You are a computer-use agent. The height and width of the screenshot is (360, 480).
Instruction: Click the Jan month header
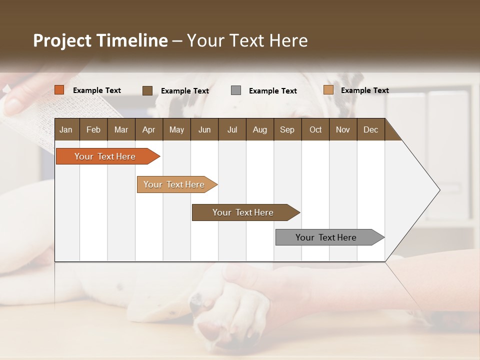pos(66,129)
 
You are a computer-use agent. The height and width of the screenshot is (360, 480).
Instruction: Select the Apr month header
pos(148,129)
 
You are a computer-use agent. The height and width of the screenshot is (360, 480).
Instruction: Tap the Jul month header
pos(232,129)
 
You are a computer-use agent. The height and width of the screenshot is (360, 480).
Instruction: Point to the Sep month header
pos(287,129)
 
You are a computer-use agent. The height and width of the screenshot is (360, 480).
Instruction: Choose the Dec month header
pos(370,129)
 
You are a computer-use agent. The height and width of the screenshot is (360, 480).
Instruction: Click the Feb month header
pos(93,129)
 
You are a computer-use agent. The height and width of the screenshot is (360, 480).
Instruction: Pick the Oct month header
pos(315,129)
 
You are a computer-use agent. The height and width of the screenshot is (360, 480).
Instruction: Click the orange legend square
pos(59,90)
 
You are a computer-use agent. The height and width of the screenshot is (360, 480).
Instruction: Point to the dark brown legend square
pos(147,90)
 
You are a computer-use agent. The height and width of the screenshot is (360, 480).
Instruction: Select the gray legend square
pos(236,90)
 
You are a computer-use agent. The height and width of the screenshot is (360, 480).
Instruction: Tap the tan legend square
pos(328,90)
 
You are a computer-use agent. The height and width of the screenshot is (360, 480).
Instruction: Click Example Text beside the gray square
pos(272,91)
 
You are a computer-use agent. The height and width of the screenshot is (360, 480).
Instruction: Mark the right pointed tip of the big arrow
pos(439,190)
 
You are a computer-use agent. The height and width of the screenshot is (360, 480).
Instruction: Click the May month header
pos(176,129)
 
